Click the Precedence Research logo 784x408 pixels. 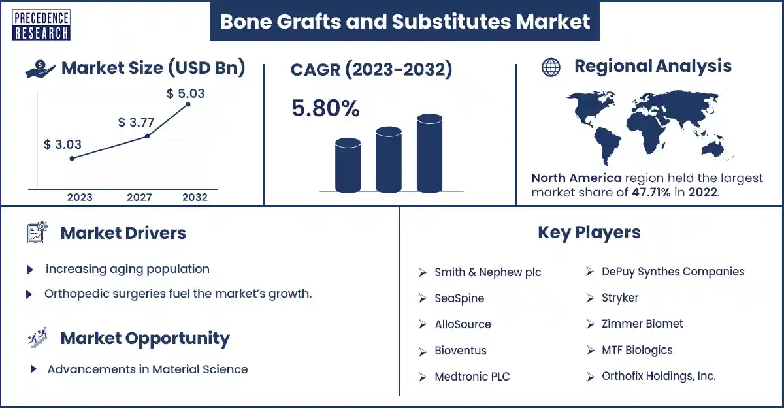pos(41,25)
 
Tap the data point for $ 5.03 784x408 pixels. pos(188,104)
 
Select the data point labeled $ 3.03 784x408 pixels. pos(72,159)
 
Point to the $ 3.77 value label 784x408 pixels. pos(136,122)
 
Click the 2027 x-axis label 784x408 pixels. pos(139,197)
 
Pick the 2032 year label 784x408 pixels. pos(195,197)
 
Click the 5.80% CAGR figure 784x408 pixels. pos(325,108)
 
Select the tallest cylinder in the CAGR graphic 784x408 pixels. pos(429,153)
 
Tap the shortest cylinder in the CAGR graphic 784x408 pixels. pos(348,165)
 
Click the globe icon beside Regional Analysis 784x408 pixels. pos(551,67)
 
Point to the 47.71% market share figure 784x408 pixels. pos(651,193)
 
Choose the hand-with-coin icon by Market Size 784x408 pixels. pos(41,69)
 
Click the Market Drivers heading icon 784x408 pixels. pos(37,232)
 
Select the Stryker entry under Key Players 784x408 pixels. pos(620,298)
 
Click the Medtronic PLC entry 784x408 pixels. pos(472,377)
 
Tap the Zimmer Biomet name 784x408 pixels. pos(642,324)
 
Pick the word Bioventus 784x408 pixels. pos(461,351)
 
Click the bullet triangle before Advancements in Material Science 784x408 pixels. pos(33,369)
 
